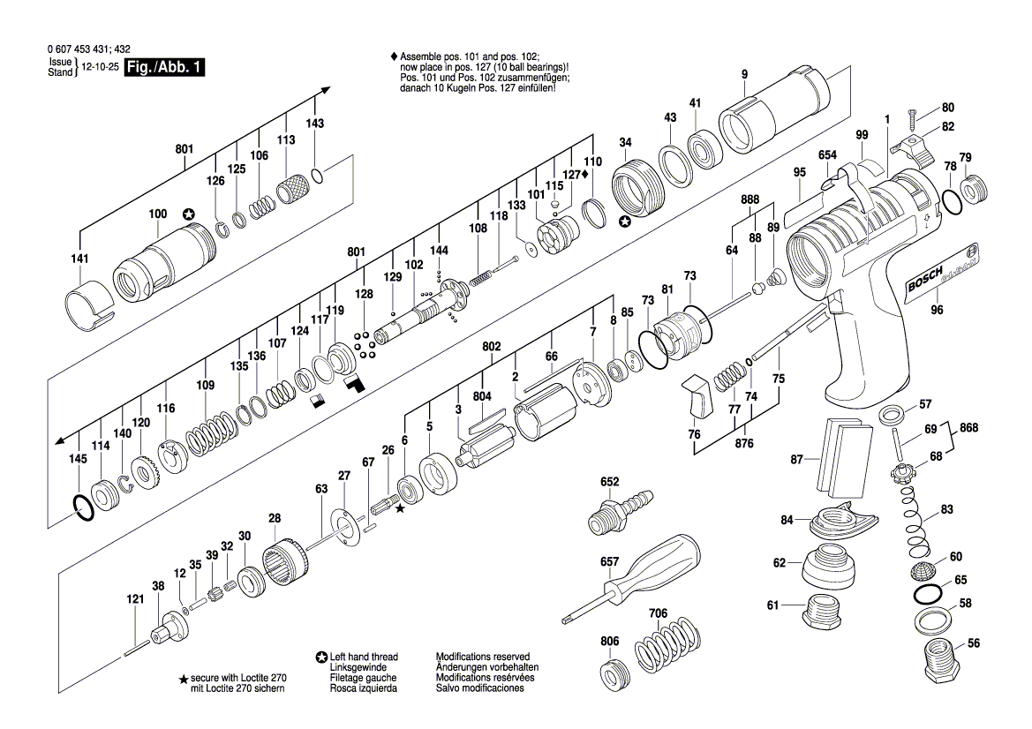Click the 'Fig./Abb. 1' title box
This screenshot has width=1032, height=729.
pyautogui.click(x=164, y=68)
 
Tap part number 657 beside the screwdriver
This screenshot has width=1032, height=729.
pyautogui.click(x=609, y=561)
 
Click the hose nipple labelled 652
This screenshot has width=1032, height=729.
pyautogui.click(x=618, y=508)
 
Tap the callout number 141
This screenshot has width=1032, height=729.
pyautogui.click(x=79, y=259)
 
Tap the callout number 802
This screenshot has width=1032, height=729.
pyautogui.click(x=491, y=347)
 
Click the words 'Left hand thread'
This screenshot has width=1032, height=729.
pyautogui.click(x=364, y=657)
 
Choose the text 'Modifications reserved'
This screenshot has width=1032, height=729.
pyautogui.click(x=482, y=657)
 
